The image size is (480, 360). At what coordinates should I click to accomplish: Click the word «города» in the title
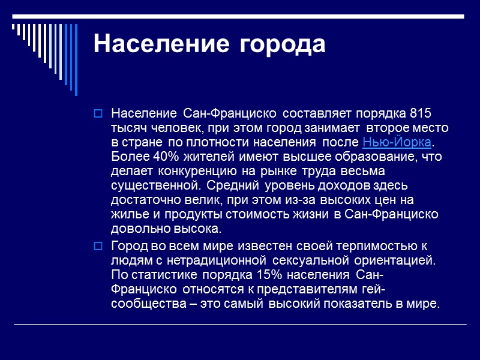tap(283, 44)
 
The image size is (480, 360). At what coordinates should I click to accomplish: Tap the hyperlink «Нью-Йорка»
tap(397, 142)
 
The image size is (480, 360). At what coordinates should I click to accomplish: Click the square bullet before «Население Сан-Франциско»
tap(99, 113)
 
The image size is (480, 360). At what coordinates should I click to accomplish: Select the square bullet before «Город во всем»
tap(99, 246)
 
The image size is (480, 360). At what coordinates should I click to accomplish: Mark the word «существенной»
tap(151, 185)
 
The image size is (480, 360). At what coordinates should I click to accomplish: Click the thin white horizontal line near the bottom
tap(240, 324)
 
